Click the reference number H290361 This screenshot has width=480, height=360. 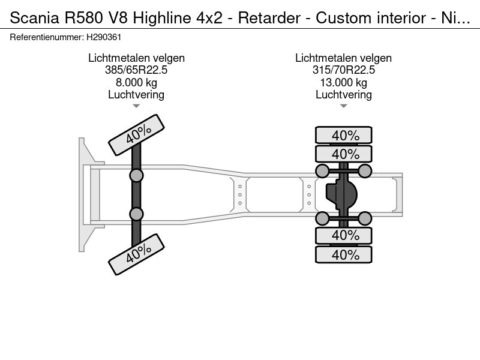(x=104, y=37)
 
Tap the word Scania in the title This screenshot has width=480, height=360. (x=35, y=18)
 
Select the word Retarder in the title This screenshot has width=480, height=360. (x=269, y=18)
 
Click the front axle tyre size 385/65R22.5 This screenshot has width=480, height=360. (x=136, y=70)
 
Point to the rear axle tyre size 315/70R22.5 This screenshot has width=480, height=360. (x=343, y=70)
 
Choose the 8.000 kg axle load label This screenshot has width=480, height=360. (x=136, y=82)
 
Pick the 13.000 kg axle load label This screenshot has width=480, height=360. (x=343, y=82)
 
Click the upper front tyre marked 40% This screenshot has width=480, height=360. (x=137, y=134)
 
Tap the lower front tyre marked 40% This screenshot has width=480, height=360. (x=137, y=254)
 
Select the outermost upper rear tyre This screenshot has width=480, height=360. (x=343, y=135)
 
